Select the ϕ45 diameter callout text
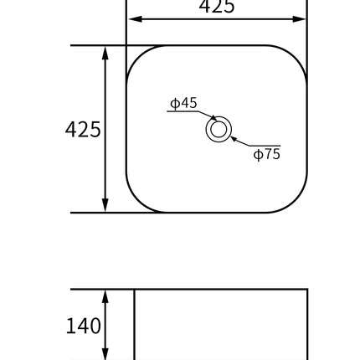coord(183,103)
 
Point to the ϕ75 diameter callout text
coord(267,154)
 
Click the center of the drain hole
coord(218,130)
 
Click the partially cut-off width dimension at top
coord(216,5)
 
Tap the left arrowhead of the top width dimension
coord(132,17)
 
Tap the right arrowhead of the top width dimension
coord(301,17)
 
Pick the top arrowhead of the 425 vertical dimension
coord(105,52)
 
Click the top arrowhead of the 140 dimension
coord(105,296)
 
